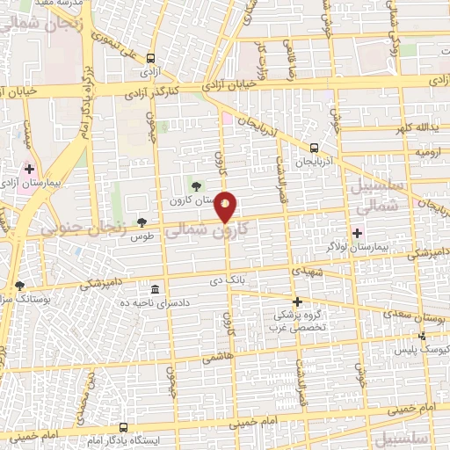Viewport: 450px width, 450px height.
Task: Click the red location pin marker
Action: click(x=227, y=207)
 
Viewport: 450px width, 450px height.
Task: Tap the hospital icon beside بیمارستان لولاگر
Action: click(x=357, y=233)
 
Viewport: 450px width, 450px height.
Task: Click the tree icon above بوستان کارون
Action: click(x=195, y=185)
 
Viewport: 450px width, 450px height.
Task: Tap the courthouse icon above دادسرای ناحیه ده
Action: click(x=155, y=290)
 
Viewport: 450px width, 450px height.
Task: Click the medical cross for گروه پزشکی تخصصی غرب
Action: click(x=297, y=301)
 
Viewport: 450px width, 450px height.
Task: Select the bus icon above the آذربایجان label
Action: click(x=315, y=148)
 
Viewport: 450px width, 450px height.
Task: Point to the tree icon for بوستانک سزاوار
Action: click(x=20, y=286)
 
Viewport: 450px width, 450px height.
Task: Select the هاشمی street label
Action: click(x=213, y=359)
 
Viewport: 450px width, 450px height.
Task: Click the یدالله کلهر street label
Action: click(x=414, y=128)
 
